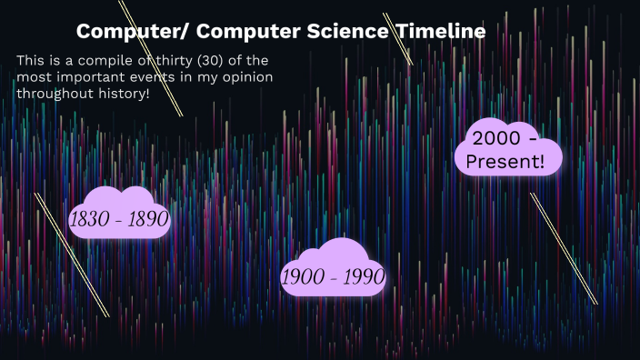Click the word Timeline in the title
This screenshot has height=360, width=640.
pyautogui.click(x=440, y=31)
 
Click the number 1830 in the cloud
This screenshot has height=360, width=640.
pyautogui.click(x=91, y=218)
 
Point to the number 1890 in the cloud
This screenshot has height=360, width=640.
pyautogui.click(x=147, y=218)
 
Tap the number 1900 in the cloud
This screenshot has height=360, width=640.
pyautogui.click(x=303, y=276)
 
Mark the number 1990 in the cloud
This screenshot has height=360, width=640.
pyautogui.click(x=361, y=276)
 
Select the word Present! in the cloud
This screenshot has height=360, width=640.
pyautogui.click(x=505, y=163)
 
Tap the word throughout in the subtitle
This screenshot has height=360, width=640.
pyautogui.click(x=56, y=94)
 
